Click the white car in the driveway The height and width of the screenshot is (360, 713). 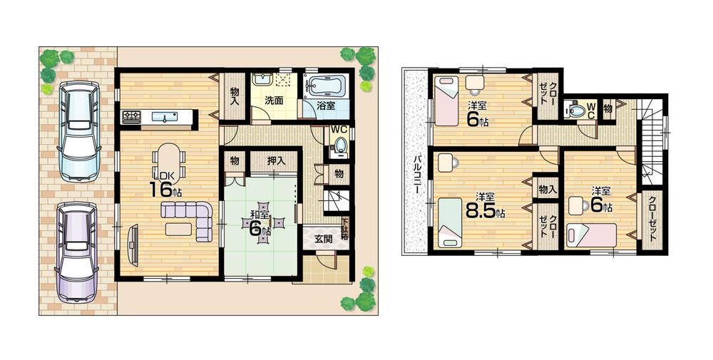click(x=79, y=131)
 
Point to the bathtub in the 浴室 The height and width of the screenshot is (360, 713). click(x=325, y=87)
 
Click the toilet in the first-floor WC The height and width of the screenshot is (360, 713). click(x=339, y=148)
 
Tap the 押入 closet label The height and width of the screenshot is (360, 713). click(x=277, y=161)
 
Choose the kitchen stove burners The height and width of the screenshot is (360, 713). click(x=131, y=117)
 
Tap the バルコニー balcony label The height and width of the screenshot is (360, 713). click(x=414, y=175)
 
